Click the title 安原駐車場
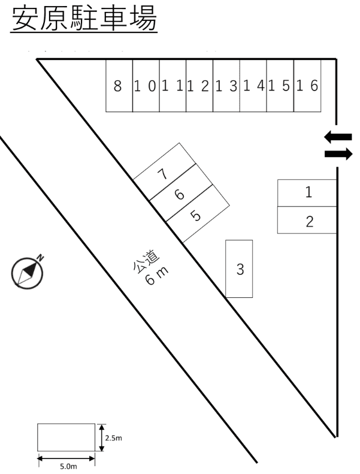[84, 20]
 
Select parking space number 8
[119, 86]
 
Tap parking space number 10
[146, 86]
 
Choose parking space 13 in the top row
[226, 86]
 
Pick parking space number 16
[307, 86]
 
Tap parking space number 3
[239, 269]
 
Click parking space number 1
[307, 193]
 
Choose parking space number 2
[307, 221]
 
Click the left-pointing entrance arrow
[338, 137]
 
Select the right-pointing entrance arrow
[338, 154]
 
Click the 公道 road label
[146, 259]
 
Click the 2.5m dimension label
[114, 438]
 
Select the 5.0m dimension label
[67, 466]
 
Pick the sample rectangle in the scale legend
[66, 437]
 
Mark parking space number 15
[280, 86]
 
